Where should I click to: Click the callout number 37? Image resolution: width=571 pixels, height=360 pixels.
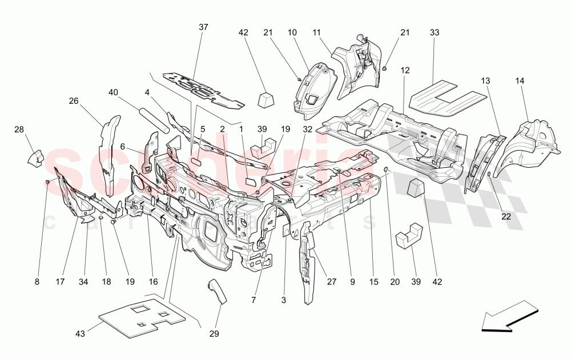204,27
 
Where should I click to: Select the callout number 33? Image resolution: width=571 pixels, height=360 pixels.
435,33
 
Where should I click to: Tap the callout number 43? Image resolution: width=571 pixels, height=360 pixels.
80,333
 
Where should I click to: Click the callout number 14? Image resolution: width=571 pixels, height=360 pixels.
520,81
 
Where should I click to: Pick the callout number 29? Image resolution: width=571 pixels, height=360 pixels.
215,334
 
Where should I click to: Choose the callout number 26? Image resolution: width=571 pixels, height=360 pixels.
74,101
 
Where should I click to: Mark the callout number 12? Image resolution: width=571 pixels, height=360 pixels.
405,70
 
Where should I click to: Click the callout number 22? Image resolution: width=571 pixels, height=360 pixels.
506,216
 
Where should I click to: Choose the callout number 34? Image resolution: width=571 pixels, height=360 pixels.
86,281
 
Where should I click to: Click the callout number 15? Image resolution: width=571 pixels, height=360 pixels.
373,281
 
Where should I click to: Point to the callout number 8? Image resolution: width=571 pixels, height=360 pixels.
37,281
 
